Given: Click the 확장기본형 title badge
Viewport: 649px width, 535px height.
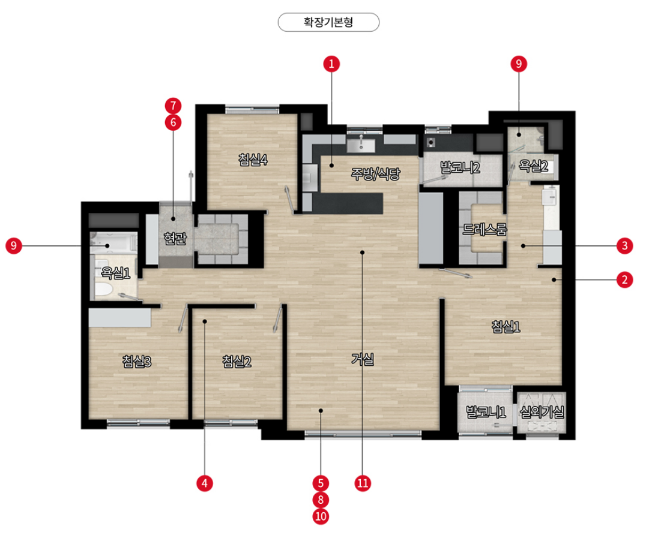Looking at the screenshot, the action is (328, 22).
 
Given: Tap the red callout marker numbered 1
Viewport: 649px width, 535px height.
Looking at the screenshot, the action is (331, 64).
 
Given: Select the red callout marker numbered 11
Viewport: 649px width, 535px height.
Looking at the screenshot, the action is (363, 483).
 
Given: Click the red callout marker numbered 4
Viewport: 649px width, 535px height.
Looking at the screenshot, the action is (205, 483).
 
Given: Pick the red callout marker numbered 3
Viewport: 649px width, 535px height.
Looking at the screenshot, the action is (624, 245).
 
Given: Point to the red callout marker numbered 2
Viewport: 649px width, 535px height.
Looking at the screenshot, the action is (624, 280).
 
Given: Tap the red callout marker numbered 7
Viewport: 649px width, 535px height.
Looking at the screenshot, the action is (173, 106).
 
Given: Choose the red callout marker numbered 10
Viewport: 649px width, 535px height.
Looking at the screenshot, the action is (321, 516).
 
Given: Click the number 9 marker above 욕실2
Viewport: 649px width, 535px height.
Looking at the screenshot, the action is (519, 64).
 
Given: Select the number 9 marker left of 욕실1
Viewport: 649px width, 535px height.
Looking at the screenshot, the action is (14, 245).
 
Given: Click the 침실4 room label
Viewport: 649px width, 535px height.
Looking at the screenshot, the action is (253, 159).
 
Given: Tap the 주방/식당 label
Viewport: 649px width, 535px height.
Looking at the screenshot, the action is (375, 174).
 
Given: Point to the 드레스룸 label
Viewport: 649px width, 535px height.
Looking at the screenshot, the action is (484, 230).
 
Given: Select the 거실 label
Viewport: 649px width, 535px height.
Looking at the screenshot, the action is (363, 359).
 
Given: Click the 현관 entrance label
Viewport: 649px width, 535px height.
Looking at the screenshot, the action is (175, 239).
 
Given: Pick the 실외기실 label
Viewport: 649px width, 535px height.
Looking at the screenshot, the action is (542, 412).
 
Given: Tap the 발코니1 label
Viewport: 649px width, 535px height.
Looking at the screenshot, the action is (486, 412).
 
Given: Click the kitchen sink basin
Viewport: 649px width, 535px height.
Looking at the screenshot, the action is (361, 146).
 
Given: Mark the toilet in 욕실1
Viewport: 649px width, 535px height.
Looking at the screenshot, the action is (103, 290).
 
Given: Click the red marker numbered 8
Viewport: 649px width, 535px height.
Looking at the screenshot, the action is (321, 500).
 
